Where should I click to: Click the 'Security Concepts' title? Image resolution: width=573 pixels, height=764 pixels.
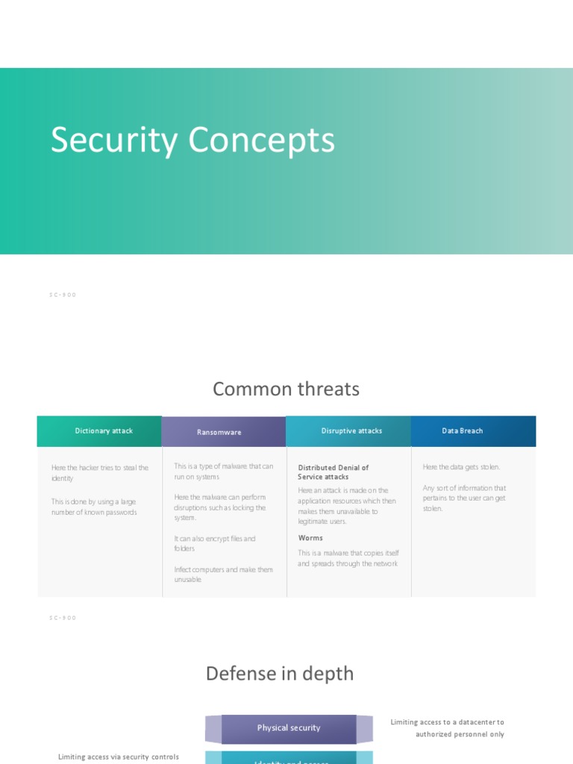tap(192, 140)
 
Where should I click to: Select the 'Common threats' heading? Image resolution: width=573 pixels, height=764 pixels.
tap(286, 389)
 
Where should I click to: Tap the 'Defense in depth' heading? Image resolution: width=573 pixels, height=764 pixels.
tap(279, 674)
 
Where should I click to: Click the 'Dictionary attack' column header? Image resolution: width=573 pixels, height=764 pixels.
tap(104, 431)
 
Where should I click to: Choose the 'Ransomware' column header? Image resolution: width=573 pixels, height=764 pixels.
tap(219, 432)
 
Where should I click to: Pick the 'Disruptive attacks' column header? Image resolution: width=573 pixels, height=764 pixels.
tap(351, 431)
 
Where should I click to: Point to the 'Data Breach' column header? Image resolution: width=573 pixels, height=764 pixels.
tap(462, 431)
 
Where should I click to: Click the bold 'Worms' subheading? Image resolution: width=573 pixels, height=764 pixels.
tap(310, 538)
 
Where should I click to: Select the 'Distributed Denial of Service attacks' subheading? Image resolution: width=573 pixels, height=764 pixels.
tap(333, 472)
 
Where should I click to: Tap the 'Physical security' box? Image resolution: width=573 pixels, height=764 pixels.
tap(289, 728)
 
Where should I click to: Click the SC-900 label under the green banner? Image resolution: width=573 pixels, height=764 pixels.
tap(63, 295)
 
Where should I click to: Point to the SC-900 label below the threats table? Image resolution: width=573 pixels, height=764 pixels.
tap(63, 618)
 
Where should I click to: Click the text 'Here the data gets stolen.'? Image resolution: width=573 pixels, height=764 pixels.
tap(461, 467)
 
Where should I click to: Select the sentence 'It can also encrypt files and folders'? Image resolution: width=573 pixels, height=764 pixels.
tap(215, 543)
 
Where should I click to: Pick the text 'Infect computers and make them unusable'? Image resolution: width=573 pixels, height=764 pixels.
tap(223, 574)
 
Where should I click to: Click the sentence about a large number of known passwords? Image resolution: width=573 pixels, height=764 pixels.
tap(94, 507)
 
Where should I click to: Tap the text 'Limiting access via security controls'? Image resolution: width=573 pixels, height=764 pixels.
tap(119, 757)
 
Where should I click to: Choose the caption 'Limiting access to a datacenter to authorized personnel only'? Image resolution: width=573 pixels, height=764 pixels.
tap(448, 728)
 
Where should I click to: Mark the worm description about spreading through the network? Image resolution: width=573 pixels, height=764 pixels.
tap(348, 558)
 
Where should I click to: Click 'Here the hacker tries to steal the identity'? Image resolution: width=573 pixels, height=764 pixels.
tap(100, 473)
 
